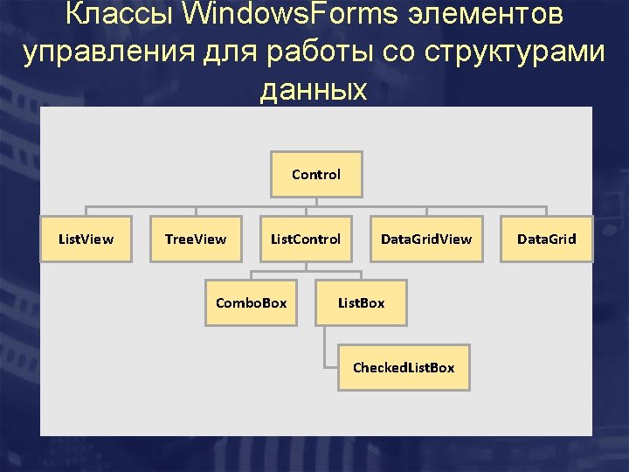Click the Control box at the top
(316, 174)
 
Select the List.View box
(86, 239)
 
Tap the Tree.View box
(196, 239)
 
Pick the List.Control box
(306, 239)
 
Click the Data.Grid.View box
(425, 239)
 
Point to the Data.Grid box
(546, 239)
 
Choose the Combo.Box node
(251, 302)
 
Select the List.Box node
(361, 302)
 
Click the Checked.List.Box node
(403, 367)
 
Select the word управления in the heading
(110, 52)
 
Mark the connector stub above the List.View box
(86, 211)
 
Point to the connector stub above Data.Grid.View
(425, 211)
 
